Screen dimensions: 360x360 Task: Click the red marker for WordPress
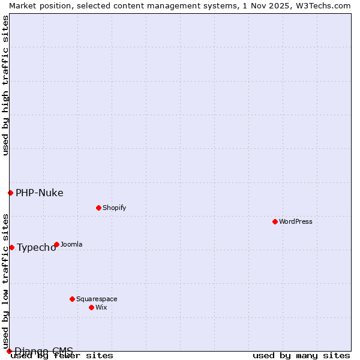pos(275,221)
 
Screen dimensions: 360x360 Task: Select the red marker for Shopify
pos(98,208)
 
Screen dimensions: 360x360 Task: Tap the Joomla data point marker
pos(56,244)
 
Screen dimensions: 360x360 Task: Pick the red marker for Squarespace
pos(72,299)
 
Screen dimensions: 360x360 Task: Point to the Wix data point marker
pos(91,307)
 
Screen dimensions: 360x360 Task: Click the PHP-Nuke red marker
pos(10,193)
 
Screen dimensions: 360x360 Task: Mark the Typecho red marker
pos(11,247)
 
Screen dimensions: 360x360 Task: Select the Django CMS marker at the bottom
pos(9,351)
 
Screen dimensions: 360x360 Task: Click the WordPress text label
pos(296,221)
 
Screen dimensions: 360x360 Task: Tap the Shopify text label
pos(114,208)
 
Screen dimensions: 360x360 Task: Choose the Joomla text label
pos(71,244)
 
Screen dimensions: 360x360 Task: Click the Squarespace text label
pos(97,299)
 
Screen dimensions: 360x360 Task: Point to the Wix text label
pos(101,307)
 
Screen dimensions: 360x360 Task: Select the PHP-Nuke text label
pos(40,193)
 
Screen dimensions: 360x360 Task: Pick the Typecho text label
pos(36,247)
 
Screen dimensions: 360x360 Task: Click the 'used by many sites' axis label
pos(301,355)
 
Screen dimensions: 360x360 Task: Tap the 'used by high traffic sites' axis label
pos(5,85)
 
